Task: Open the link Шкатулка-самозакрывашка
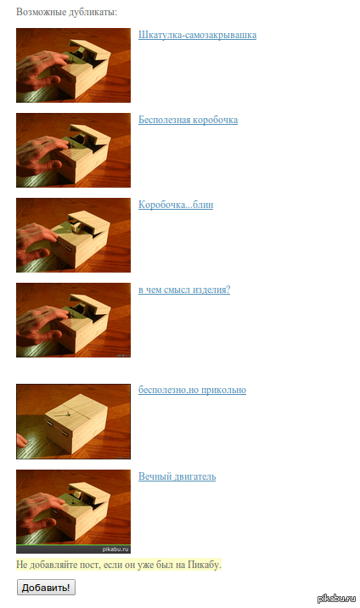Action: (197, 35)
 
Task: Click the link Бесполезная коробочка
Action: (188, 120)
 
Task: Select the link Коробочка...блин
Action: (176, 205)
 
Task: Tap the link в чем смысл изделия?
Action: (184, 290)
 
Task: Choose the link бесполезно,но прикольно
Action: (192, 390)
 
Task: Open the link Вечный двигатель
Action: (177, 476)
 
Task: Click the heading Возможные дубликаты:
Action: (67, 12)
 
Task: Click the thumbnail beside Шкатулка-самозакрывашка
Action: (73, 65)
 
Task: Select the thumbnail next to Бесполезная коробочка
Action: (73, 150)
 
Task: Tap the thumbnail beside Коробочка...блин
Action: (73, 235)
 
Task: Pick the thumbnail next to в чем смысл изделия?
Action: (73, 320)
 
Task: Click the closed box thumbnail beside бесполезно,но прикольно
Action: (73, 421)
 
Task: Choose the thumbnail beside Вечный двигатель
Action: (73, 511)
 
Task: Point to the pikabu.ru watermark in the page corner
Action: (336, 599)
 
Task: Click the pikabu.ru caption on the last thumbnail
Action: (115, 549)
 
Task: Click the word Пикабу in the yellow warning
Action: (205, 565)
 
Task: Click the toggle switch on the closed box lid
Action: (65, 415)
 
